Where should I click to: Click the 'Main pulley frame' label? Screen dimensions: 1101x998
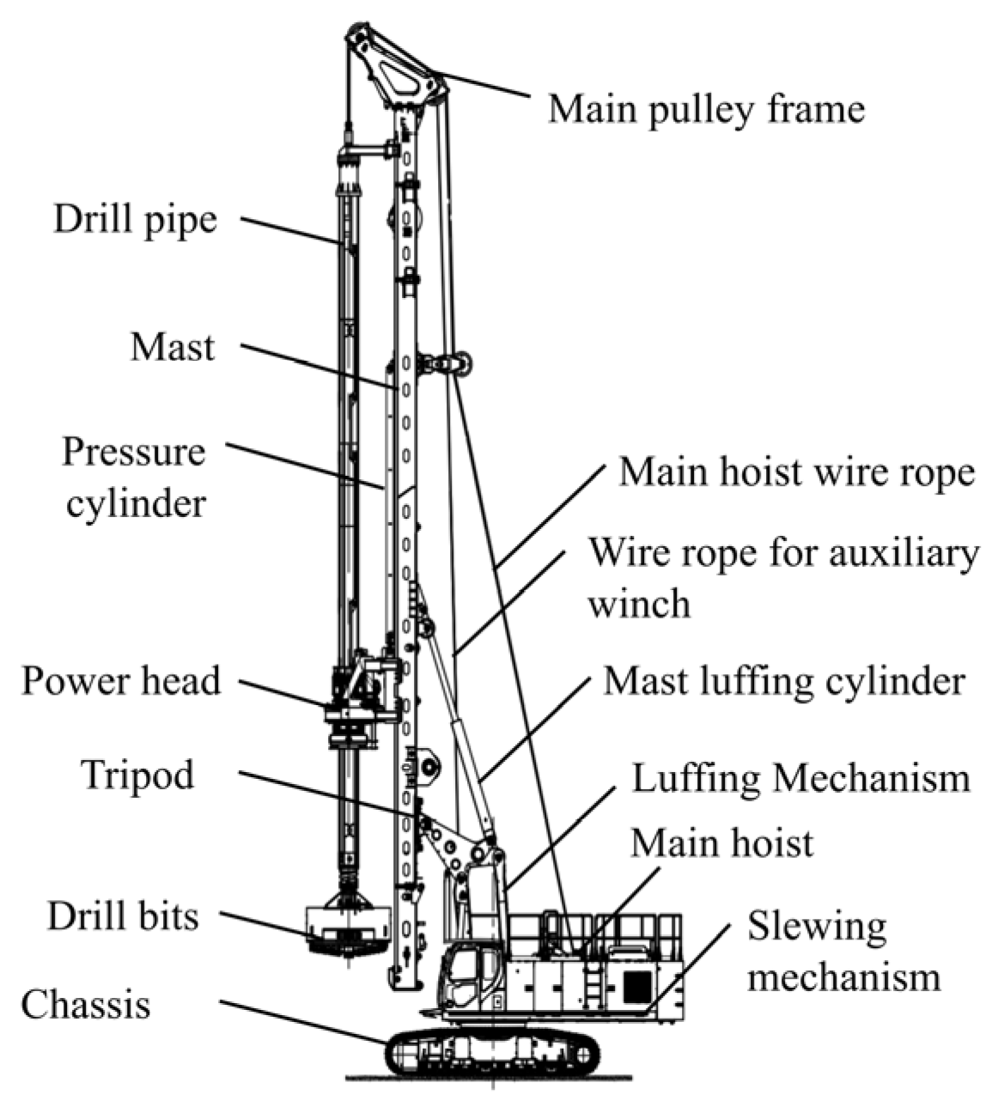706,109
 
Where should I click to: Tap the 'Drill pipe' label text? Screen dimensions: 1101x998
136,219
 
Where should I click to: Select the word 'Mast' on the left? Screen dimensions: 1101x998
173,348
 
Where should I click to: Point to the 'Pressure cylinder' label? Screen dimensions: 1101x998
134,477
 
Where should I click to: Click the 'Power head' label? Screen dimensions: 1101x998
121,681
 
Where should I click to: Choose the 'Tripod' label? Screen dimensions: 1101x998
137,776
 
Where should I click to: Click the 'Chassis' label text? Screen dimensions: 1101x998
86,1004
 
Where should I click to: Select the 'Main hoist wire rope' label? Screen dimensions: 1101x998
796,471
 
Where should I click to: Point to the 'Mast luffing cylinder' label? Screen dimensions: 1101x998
784,681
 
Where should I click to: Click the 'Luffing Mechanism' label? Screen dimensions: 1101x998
800,778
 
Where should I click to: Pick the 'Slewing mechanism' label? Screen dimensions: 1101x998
842,952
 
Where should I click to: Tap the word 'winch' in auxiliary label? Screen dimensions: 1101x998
638,603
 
